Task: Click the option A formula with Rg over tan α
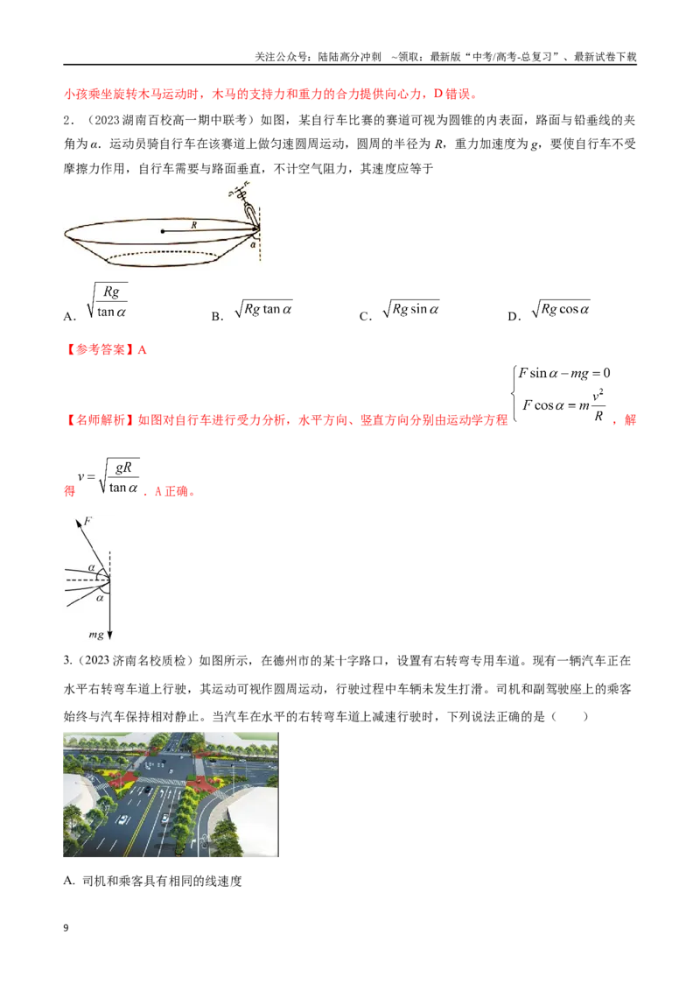pyautogui.click(x=107, y=301)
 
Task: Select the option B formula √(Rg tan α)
pyautogui.click(x=263, y=309)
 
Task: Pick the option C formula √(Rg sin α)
pyautogui.click(x=411, y=309)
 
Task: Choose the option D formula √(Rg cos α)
pyautogui.click(x=561, y=309)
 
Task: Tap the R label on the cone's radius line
pyautogui.click(x=194, y=225)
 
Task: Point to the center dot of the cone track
pyautogui.click(x=163, y=231)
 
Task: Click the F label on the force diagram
pyautogui.click(x=87, y=521)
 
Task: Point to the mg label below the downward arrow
pyautogui.click(x=96, y=635)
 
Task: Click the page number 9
pyautogui.click(x=66, y=928)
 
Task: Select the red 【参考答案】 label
pyautogui.click(x=99, y=349)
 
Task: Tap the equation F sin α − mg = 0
pyautogui.click(x=564, y=374)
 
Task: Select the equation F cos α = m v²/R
pyautogui.click(x=563, y=404)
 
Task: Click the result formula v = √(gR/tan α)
pyautogui.click(x=108, y=477)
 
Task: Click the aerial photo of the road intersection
pyautogui.click(x=171, y=794)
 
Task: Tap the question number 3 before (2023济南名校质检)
pyautogui.click(x=67, y=660)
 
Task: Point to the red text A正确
pyautogui.click(x=174, y=491)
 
